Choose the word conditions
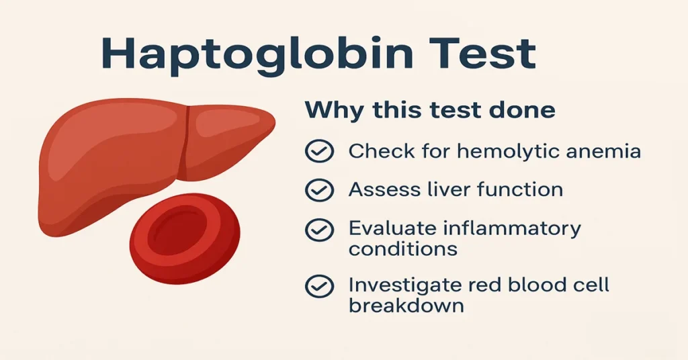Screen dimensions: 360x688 tap(402, 249)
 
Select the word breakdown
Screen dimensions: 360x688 tap(406, 306)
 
